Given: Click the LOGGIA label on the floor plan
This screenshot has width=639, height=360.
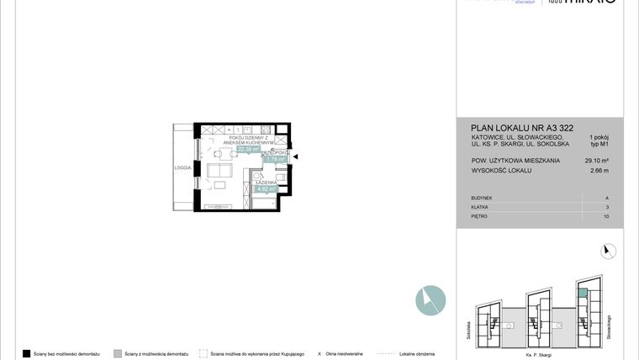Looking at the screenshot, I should tap(184, 167).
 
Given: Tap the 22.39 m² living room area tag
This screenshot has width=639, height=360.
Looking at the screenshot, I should tap(247, 150).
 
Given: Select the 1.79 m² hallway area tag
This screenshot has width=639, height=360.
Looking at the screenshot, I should tap(276, 158).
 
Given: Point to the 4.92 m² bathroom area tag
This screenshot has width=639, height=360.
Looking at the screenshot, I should tap(266, 189).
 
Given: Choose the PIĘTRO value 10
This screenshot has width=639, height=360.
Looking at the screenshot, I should tap(605, 217).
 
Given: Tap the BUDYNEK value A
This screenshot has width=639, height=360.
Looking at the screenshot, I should tap(606, 198).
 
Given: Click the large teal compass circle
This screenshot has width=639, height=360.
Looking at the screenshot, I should tap(430, 300).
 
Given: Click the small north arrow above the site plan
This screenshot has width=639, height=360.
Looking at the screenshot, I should tap(610, 250).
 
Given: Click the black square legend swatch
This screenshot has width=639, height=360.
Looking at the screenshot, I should tap(26, 354).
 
